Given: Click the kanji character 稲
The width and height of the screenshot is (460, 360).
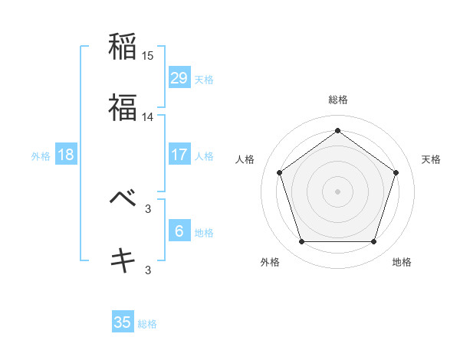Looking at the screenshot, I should point(123,47).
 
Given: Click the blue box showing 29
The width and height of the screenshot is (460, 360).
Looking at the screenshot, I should point(179,77).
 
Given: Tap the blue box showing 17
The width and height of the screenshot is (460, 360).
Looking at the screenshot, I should point(179,155).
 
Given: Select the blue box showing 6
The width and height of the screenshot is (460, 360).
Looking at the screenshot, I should point(179,231).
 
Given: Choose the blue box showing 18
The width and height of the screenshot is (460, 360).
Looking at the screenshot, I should point(66,155).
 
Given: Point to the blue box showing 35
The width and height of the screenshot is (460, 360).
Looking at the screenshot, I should point(123,322).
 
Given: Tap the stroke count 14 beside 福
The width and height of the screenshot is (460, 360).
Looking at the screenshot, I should point(148,117).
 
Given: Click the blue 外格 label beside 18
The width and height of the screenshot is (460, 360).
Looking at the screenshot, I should point(41,155).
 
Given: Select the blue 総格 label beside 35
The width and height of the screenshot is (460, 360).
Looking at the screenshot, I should point(147,323).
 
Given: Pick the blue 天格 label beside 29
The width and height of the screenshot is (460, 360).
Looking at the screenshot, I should point(204,78).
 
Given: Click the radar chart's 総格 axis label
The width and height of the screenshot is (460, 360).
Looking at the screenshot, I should point(337,100).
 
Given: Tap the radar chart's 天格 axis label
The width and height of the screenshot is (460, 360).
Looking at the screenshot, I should point(432,159).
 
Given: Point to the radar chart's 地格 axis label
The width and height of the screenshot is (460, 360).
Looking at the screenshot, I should point(402,262).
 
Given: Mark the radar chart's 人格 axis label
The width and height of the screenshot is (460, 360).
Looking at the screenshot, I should point(245,159).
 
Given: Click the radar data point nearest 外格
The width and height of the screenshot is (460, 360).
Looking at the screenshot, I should point(301,242).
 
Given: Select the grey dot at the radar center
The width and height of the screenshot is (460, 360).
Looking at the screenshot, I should point(337,191).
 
